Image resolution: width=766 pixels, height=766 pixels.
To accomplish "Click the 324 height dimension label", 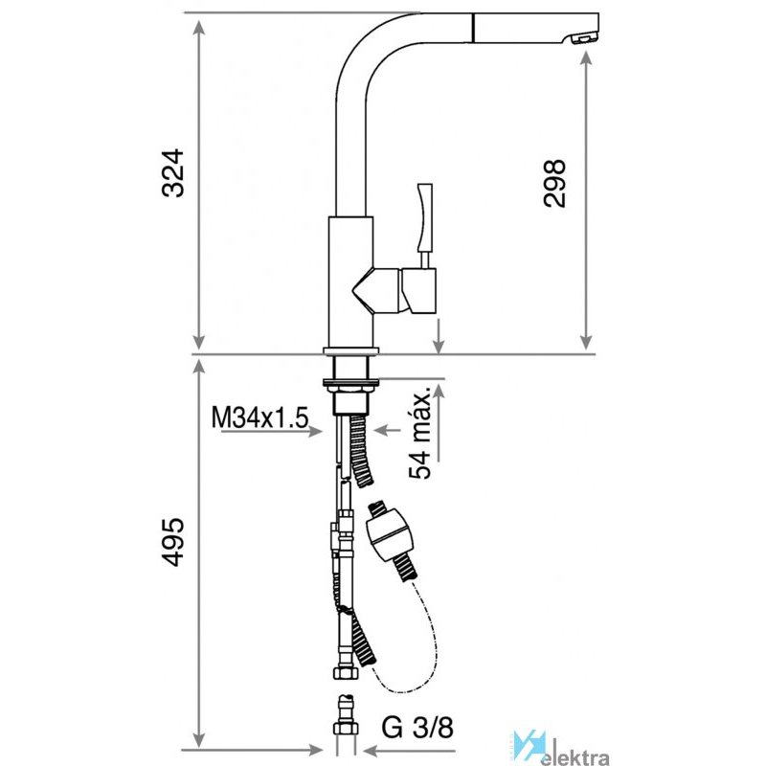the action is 173,173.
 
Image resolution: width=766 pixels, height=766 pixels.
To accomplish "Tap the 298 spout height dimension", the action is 555,183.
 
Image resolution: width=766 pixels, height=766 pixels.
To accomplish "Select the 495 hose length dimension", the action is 173,542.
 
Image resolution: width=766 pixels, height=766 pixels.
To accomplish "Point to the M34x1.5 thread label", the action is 259,418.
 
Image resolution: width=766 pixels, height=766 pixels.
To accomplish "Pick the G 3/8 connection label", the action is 417,728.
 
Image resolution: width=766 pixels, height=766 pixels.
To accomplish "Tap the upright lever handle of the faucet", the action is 424,217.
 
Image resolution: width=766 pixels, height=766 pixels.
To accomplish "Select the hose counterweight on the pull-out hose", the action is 389,535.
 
